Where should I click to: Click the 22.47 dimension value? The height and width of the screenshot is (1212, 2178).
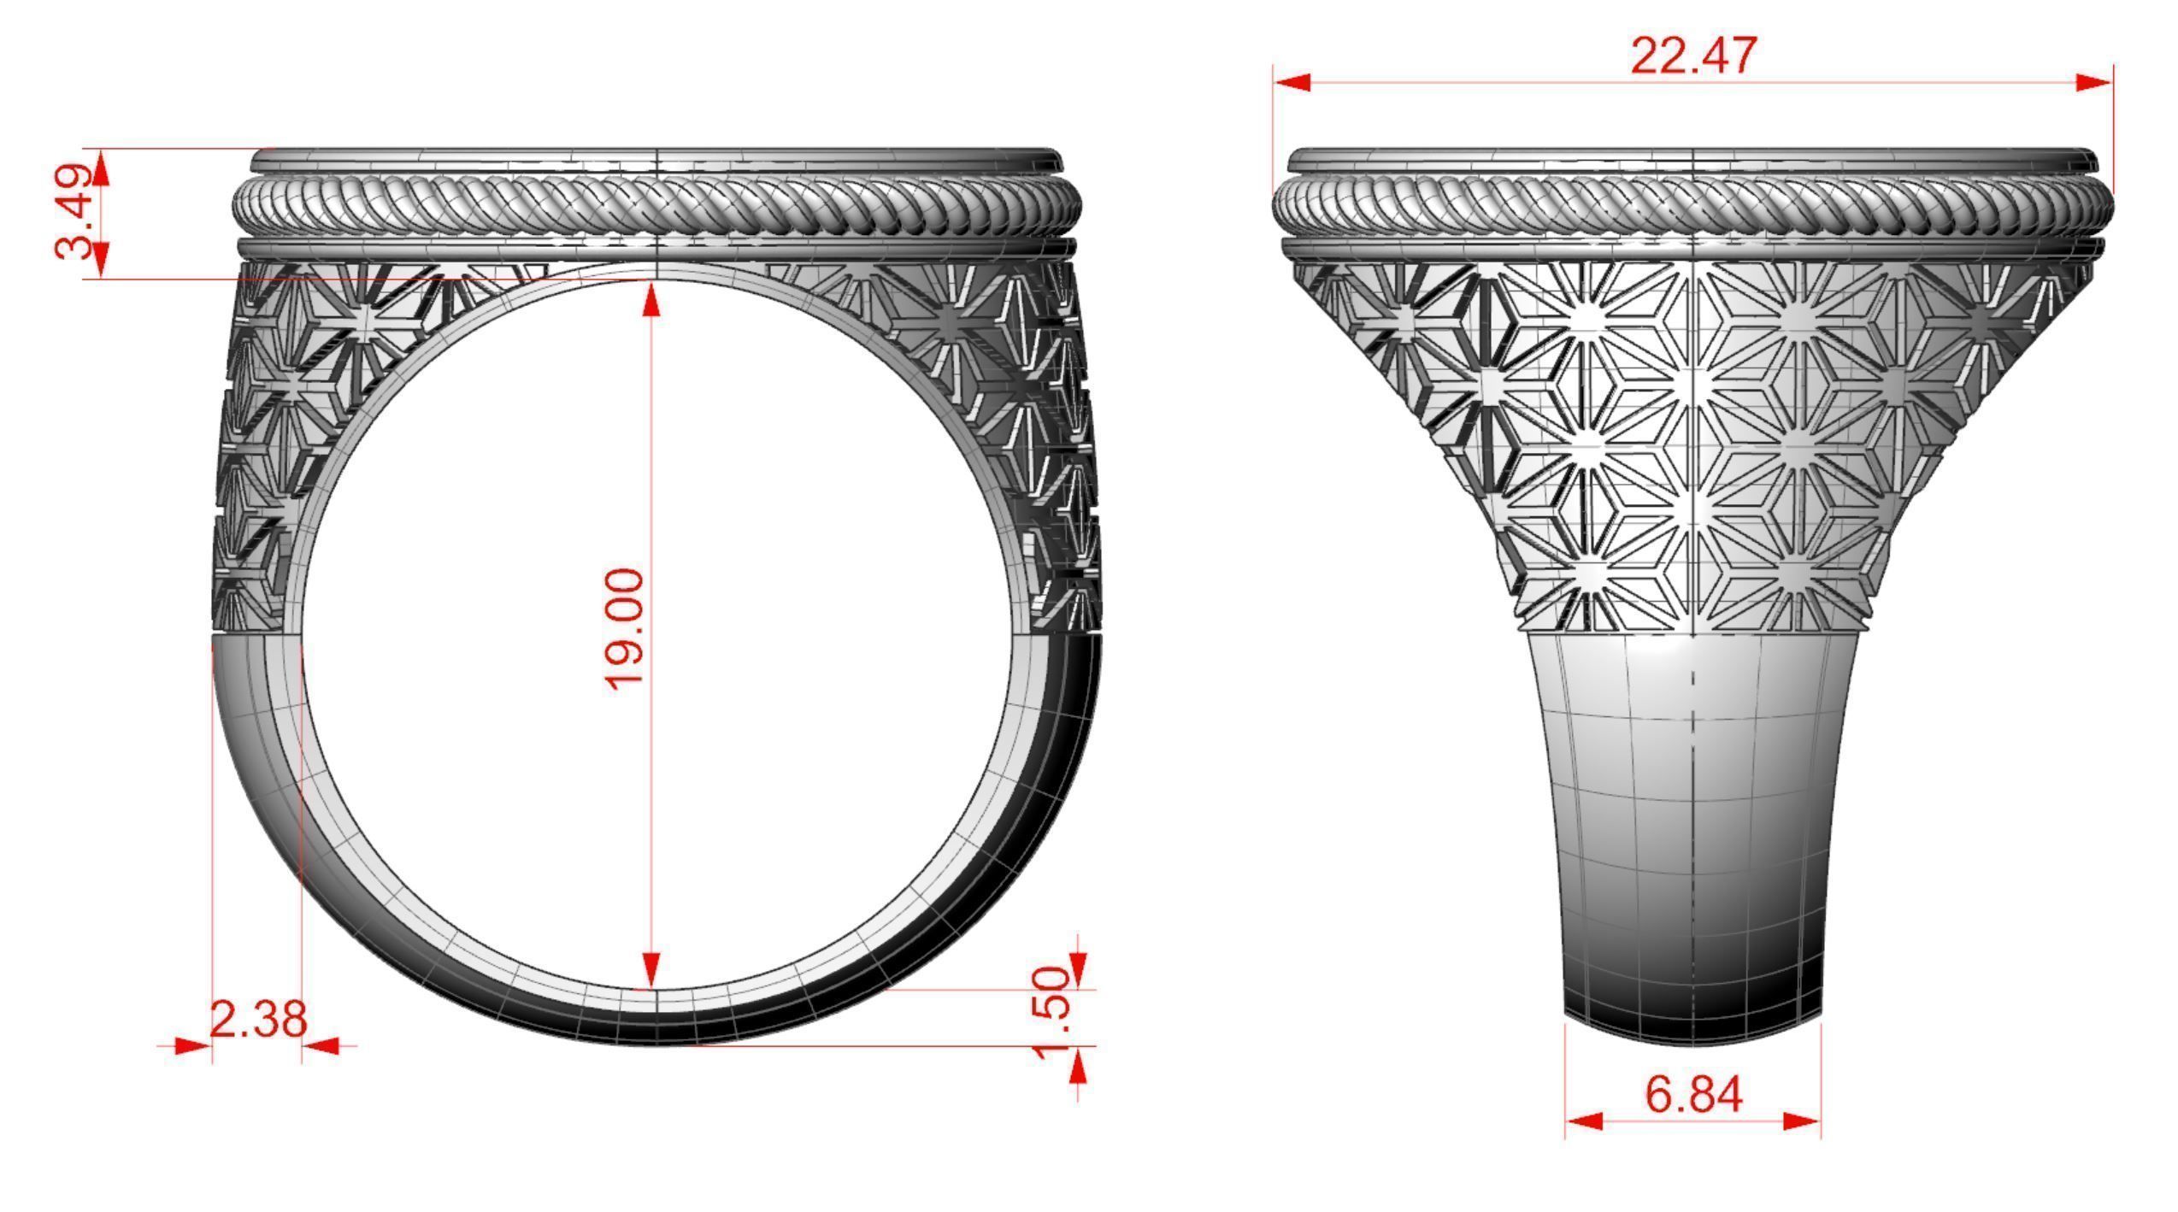1693,56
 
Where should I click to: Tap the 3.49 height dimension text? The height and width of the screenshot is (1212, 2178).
74,211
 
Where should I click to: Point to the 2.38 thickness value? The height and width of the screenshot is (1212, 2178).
257,1019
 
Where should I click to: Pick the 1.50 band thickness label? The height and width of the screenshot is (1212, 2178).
1052,1012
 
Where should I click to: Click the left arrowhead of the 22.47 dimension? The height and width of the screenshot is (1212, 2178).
1292,83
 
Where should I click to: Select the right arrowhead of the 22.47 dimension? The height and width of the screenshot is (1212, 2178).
2093,83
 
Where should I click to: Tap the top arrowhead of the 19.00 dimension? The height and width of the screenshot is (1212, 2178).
652,299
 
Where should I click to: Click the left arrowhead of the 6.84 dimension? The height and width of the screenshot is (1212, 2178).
1584,1121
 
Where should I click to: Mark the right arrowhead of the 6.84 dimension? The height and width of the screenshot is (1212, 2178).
1802,1121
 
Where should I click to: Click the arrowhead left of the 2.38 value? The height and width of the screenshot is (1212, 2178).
191,1044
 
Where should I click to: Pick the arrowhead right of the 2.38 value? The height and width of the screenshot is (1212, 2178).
321,1044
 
